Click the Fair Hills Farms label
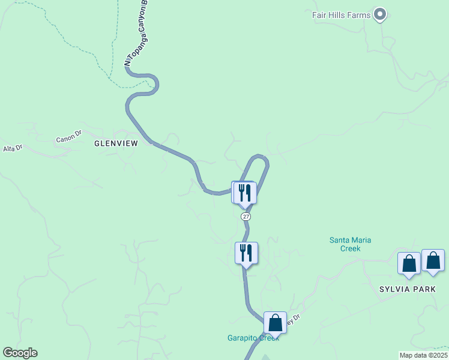[x=340, y=14]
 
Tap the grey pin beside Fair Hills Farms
[x=379, y=14]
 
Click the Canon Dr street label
[x=68, y=138]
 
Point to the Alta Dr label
[x=13, y=148]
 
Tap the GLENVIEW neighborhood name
[x=116, y=143]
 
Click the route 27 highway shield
[x=246, y=216]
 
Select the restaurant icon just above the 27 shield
[x=245, y=193]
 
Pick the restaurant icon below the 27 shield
[x=246, y=253]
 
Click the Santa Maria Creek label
[x=351, y=244]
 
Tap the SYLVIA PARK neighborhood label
[x=405, y=289]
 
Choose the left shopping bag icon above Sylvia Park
[x=409, y=263]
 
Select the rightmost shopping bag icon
[x=433, y=260]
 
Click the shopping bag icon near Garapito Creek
[x=275, y=323]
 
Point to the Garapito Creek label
[x=252, y=338]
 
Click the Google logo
[x=19, y=353]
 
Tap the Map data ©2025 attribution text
[x=423, y=355]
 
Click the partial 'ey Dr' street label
[x=292, y=321]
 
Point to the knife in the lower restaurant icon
[x=249, y=253]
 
